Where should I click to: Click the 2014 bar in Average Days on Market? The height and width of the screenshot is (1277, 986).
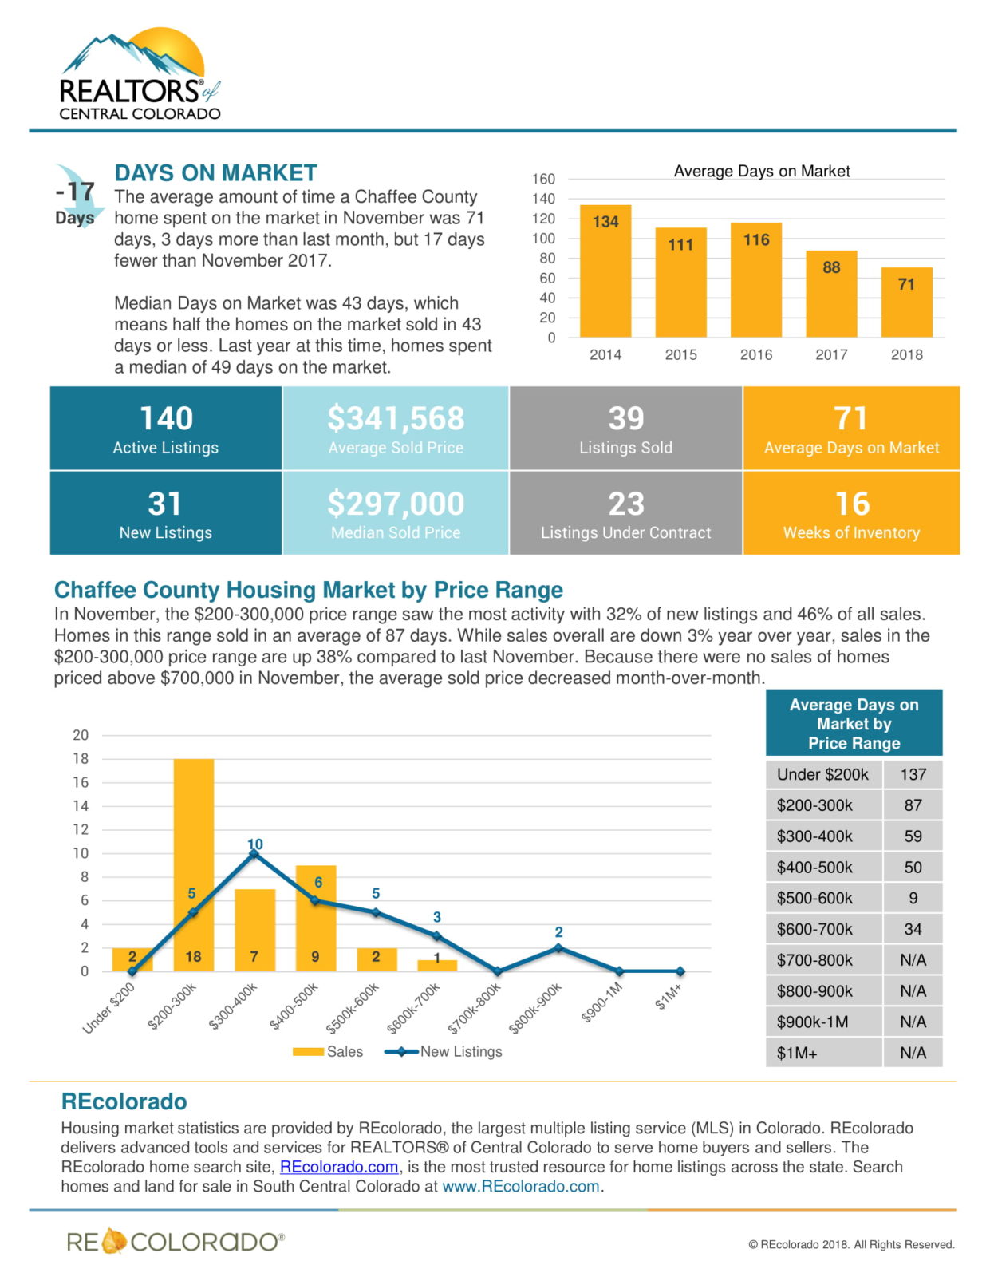click(605, 271)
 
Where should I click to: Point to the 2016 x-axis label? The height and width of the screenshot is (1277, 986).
click(755, 354)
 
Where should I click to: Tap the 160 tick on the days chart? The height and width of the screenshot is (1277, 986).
click(544, 179)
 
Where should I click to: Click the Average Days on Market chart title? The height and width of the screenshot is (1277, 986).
click(761, 171)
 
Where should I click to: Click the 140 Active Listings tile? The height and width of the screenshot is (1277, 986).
click(166, 429)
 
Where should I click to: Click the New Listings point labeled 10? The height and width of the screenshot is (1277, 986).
click(254, 853)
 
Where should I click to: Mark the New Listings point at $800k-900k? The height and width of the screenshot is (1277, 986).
click(558, 948)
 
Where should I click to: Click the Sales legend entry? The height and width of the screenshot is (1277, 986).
click(328, 1052)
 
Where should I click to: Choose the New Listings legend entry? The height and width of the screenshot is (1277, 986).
click(444, 1052)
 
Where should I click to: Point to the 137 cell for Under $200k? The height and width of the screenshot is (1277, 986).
click(913, 774)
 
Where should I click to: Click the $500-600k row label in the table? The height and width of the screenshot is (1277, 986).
click(814, 898)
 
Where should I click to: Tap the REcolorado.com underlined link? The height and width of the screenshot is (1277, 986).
click(339, 1167)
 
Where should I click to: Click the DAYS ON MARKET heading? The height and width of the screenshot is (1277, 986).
click(215, 173)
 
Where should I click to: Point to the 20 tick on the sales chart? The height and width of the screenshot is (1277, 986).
click(81, 735)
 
